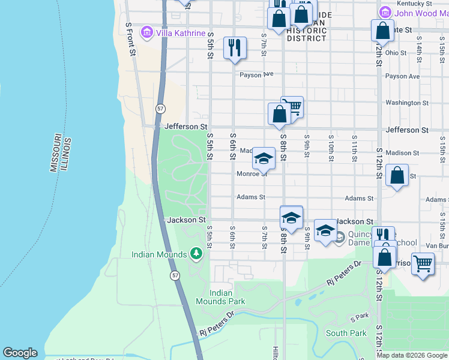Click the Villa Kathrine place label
[x=180, y=33]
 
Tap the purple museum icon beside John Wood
[x=385, y=12]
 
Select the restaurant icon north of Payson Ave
[x=235, y=47]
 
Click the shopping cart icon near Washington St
[x=294, y=107]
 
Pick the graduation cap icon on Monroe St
[x=263, y=159]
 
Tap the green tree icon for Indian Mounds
[x=196, y=254]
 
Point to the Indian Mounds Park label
[x=221, y=297]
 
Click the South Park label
[x=346, y=333]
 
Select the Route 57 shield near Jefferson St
[x=160, y=109]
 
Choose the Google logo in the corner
[x=20, y=353]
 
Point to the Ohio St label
[x=396, y=53]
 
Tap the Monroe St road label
[x=252, y=174]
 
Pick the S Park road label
[x=359, y=316]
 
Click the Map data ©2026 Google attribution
[x=411, y=355]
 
